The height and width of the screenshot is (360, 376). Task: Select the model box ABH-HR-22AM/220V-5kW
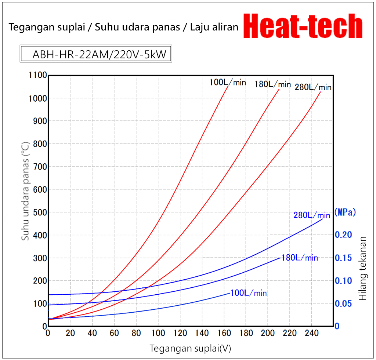tap(96, 54)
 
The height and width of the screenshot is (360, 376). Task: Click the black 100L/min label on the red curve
tap(228, 82)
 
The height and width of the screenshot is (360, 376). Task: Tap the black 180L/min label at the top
tap(272, 84)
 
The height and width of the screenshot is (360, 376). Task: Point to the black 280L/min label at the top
tap(313, 87)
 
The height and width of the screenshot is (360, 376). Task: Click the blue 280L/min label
tap(312, 215)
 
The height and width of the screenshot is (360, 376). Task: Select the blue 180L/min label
tap(300, 258)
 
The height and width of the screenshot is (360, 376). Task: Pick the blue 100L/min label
tap(248, 293)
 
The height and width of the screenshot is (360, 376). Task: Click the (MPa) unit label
tap(345, 212)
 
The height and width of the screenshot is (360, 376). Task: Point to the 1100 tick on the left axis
tap(37, 75)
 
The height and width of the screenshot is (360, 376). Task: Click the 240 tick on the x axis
tap(311, 333)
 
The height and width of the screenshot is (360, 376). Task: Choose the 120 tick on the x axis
tap(180, 333)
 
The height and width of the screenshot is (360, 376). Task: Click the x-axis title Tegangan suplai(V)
tap(190, 348)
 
